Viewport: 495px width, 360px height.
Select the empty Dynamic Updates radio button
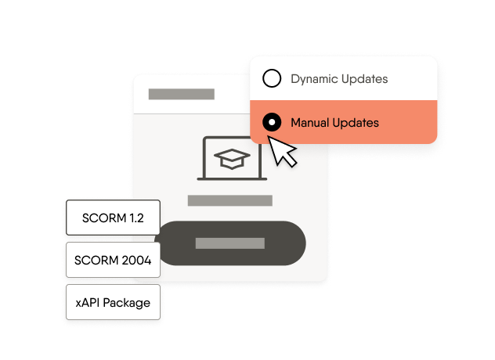tap(272, 79)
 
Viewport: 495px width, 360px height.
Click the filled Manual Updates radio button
tap(272, 123)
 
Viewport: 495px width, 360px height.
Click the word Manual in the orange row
tap(309, 123)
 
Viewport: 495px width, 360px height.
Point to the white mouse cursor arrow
tap(283, 151)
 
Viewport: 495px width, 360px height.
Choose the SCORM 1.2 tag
tap(113, 218)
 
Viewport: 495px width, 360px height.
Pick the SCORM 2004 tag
tap(113, 260)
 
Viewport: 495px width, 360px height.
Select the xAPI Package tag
tap(113, 302)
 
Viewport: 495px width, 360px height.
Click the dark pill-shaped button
tap(229, 243)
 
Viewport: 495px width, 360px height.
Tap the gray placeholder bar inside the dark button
tap(229, 243)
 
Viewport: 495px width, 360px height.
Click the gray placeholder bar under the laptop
tap(229, 200)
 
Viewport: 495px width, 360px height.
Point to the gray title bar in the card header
tap(181, 95)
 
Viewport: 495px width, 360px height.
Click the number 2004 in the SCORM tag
tap(135, 260)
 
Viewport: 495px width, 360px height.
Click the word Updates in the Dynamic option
tap(363, 79)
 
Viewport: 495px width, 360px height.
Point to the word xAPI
tap(89, 302)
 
